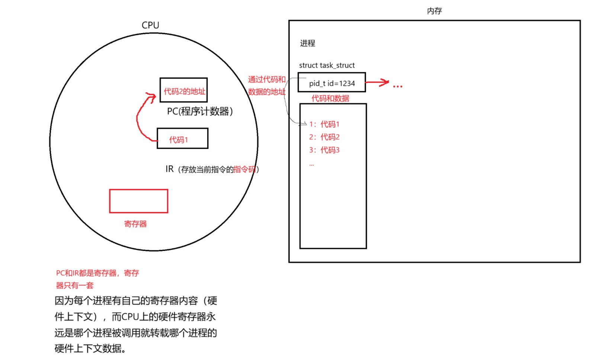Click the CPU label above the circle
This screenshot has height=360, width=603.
pos(150,25)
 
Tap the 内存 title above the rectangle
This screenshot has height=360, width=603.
pos(434,11)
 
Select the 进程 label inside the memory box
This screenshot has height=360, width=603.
pos(307,43)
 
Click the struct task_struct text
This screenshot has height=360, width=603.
pos(327,65)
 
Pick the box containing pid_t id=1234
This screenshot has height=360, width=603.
pos(331,83)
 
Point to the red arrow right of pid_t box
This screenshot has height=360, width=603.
pos(378,83)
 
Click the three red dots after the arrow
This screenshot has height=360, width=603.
pos(397,86)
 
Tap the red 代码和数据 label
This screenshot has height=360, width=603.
pos(330,98)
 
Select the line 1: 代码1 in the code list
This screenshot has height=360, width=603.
pos(324,124)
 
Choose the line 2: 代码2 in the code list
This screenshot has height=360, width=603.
pos(324,137)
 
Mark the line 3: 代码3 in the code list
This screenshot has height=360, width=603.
pos(324,150)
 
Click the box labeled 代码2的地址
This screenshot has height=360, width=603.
pos(183,90)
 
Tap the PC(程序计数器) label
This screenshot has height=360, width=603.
pos(200,111)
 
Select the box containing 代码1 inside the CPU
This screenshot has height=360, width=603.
pos(182,138)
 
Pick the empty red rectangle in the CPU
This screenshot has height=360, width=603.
pos(138,201)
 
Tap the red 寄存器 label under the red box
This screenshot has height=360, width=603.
pos(135,224)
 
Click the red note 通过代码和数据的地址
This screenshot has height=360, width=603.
pos(267,86)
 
